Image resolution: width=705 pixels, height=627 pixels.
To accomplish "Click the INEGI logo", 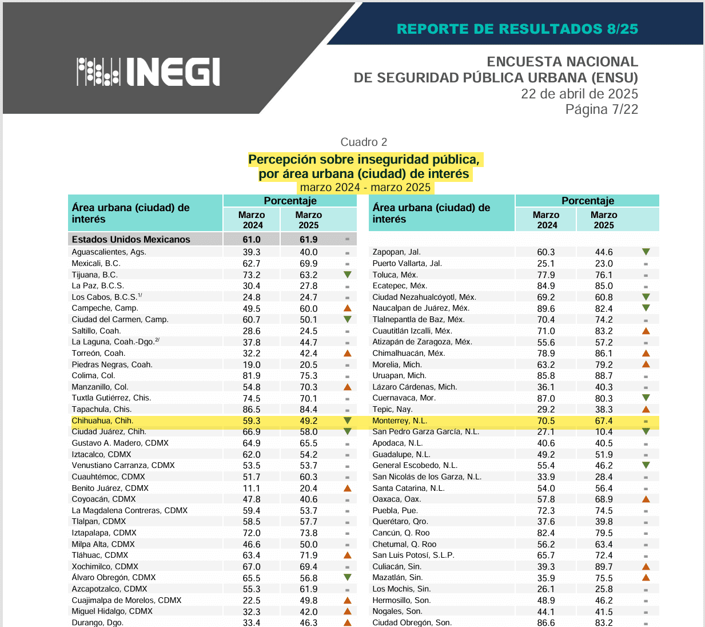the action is (x=148, y=72).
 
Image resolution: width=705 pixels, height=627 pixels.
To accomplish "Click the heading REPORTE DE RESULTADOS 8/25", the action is (x=517, y=29).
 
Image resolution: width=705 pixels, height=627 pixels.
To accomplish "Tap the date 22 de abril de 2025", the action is (x=579, y=94).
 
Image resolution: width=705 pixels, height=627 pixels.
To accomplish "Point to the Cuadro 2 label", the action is (x=364, y=142).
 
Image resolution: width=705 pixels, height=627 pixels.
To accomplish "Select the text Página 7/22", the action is (x=602, y=109).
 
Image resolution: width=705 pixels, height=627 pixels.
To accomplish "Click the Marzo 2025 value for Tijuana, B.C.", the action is (x=309, y=275).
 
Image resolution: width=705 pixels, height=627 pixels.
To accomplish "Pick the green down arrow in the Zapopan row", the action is (x=646, y=252).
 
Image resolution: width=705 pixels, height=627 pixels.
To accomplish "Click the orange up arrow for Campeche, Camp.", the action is (x=347, y=308).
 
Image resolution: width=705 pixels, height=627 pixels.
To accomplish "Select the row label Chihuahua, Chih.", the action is (x=102, y=420).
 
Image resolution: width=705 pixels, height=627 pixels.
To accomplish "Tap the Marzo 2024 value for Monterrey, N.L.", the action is (x=546, y=421).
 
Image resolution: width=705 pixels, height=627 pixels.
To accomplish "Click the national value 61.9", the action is (x=309, y=240).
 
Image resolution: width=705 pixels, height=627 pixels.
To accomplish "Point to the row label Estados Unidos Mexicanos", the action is (x=131, y=240).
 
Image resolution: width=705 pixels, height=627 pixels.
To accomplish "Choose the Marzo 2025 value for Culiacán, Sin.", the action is (x=604, y=567).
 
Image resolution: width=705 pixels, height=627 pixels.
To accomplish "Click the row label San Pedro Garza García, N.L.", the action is (x=425, y=432).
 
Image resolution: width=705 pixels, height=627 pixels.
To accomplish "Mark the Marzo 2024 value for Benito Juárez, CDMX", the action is (x=252, y=489).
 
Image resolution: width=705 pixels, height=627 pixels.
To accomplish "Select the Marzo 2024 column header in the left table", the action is (x=252, y=220).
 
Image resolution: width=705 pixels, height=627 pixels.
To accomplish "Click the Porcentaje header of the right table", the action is (x=587, y=201).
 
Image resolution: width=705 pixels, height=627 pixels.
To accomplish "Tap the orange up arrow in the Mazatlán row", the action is (x=646, y=578).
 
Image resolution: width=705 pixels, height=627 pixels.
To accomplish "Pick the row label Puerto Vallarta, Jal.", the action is (x=407, y=264).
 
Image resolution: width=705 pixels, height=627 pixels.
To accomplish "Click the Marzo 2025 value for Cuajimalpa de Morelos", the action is (x=309, y=601).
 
